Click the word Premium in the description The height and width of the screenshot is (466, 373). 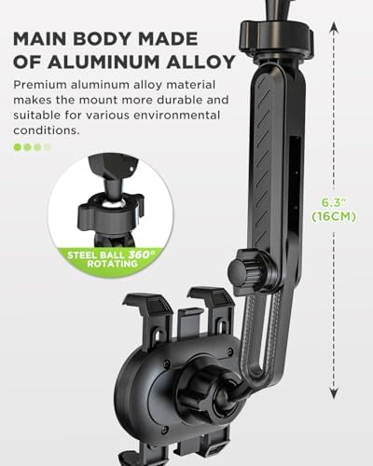pos(40,85)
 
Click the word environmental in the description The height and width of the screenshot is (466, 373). pos(176,115)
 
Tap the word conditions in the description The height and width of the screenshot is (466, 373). pos(47,130)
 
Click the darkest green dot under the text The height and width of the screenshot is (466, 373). pos(18,147)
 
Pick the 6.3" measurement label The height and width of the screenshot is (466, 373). pos(334,203)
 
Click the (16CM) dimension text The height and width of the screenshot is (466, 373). pos(334,216)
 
